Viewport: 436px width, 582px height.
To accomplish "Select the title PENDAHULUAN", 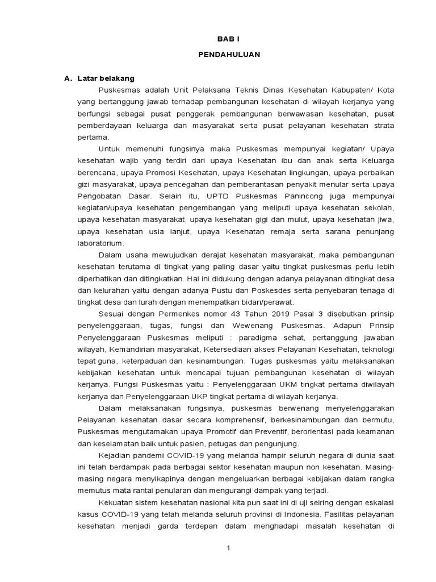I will pos(229,56).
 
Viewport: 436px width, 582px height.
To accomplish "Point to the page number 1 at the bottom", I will pos(229,548).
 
